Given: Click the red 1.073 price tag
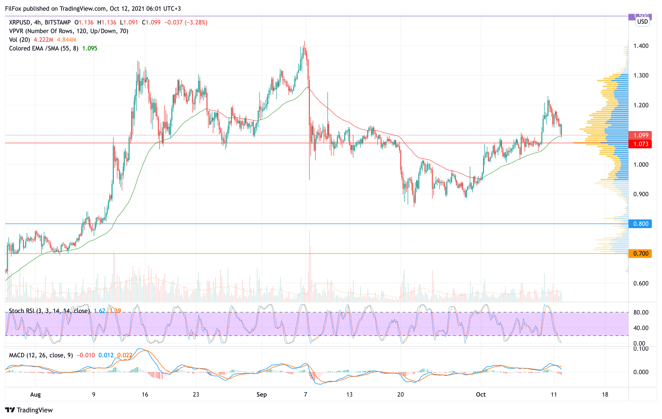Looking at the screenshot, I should (x=640, y=144).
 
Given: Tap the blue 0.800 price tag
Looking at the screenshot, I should (x=640, y=224).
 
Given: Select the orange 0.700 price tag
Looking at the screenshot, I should (x=640, y=253).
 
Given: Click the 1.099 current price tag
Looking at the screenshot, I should (x=640, y=135).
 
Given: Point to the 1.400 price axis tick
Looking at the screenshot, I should (x=641, y=46).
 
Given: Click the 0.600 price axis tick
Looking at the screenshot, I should (x=641, y=283).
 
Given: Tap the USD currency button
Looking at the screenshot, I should (x=642, y=22).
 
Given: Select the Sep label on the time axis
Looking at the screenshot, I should (x=261, y=395).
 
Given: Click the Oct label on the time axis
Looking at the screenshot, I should (x=480, y=395).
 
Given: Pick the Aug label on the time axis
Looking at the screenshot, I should (x=35, y=395).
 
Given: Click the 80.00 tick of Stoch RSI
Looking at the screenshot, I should (x=641, y=312).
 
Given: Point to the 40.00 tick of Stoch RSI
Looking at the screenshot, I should (x=641, y=328).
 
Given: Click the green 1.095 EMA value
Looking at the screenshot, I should (x=90, y=48).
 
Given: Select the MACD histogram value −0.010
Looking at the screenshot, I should (x=86, y=355).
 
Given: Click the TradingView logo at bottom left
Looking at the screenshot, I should (x=29, y=410).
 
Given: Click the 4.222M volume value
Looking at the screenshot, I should (x=44, y=40).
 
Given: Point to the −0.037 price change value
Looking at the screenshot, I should (x=173, y=22).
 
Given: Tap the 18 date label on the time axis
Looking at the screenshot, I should (x=605, y=395).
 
